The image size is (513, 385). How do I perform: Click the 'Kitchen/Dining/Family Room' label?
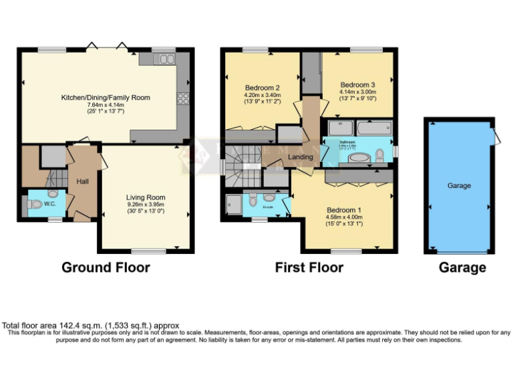click(x=106, y=98)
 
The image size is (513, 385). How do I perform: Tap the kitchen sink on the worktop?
click(x=164, y=59)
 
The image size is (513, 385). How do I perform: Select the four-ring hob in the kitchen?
click(x=182, y=99)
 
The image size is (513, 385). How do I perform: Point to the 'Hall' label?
click(x=82, y=181)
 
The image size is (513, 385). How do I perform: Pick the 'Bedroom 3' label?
click(x=358, y=85)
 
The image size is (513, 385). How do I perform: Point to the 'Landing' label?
click(x=301, y=157)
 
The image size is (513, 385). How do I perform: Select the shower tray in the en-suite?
click(x=234, y=204)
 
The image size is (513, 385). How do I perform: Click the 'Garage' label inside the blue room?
click(x=460, y=186)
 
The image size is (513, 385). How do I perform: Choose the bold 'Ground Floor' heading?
click(x=106, y=267)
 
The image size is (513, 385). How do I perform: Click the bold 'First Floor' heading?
click(x=309, y=267)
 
